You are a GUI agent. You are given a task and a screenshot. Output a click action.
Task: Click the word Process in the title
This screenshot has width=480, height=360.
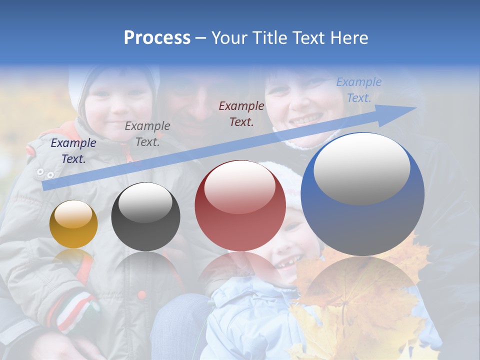[157, 38]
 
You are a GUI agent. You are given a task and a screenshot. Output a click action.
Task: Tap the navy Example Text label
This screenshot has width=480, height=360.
[73, 151]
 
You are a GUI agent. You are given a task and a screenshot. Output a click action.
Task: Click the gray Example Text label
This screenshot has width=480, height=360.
[147, 134]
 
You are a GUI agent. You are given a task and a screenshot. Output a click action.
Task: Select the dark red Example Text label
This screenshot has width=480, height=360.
[241, 113]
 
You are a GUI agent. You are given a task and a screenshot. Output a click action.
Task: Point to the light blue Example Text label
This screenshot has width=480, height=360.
[359, 90]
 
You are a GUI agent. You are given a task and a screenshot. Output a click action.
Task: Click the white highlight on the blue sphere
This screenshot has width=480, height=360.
[362, 168]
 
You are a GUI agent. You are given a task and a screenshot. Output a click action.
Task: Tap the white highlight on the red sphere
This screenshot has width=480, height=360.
[240, 186]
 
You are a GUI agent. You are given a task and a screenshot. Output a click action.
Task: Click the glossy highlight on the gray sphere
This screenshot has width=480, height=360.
[145, 202]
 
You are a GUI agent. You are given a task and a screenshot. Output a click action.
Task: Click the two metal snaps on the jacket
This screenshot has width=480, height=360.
[45, 173]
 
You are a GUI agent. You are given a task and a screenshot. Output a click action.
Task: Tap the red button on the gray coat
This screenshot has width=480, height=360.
[142, 294]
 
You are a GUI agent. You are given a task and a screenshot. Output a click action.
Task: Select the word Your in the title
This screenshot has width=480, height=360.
[230, 38]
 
